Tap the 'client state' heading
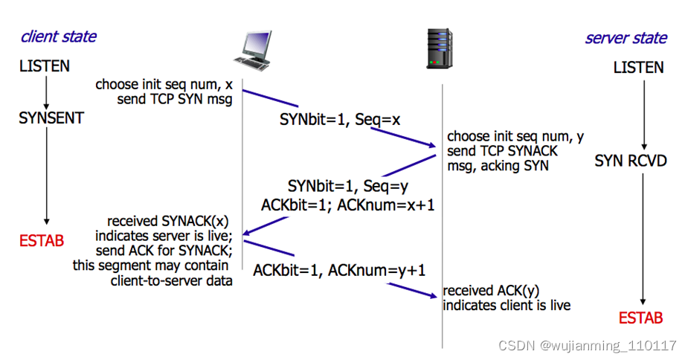pos(58,36)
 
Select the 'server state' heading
pos(626,38)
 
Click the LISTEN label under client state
pos(45,66)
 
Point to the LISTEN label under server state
pos(638,68)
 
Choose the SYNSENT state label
pos(51,118)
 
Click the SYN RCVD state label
pos(631,161)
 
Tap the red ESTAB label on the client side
pos(42,241)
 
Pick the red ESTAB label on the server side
pos(640,318)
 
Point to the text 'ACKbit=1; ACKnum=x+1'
pos(348,205)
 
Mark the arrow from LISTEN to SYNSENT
pos(46,91)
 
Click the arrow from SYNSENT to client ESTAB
pos(46,176)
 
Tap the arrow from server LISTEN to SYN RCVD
pos(644,112)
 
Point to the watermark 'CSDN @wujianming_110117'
pos(588,346)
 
